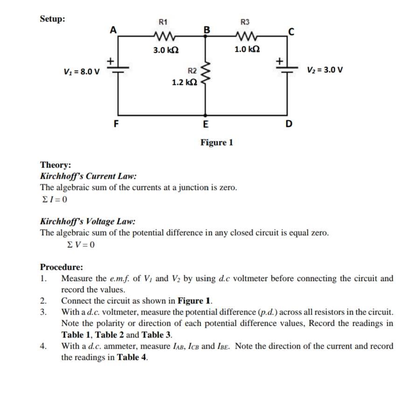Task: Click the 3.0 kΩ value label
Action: click(x=166, y=49)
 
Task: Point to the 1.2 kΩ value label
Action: click(x=184, y=83)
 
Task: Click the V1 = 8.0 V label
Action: click(x=82, y=72)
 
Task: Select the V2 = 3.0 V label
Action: click(x=325, y=70)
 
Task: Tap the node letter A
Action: click(x=112, y=30)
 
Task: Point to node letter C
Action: click(x=291, y=32)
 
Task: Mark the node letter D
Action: click(x=289, y=124)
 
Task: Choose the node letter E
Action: click(x=206, y=125)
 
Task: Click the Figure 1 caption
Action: click(x=216, y=142)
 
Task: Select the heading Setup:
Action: click(x=53, y=19)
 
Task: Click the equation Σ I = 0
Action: click(x=54, y=199)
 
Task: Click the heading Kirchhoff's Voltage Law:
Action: click(x=88, y=221)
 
